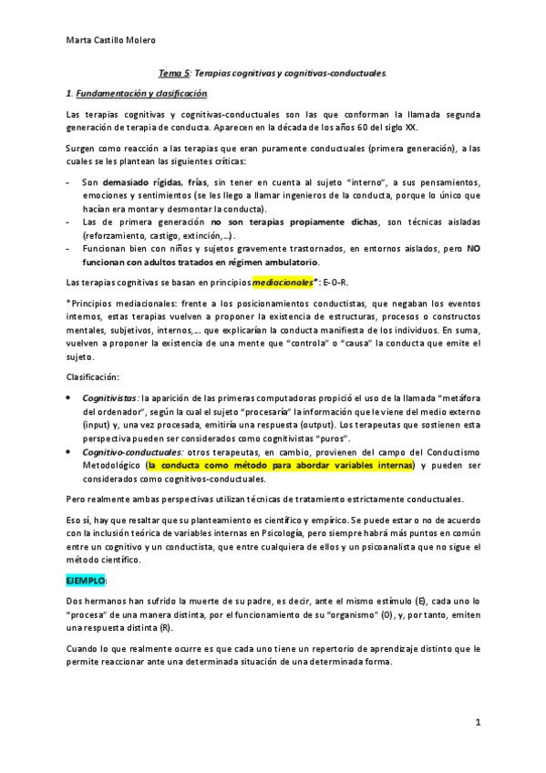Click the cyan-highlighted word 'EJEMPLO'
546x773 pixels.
pyautogui.click(x=86, y=580)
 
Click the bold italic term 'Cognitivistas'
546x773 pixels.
pyautogui.click(x=109, y=398)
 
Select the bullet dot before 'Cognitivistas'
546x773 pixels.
pyautogui.click(x=70, y=398)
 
